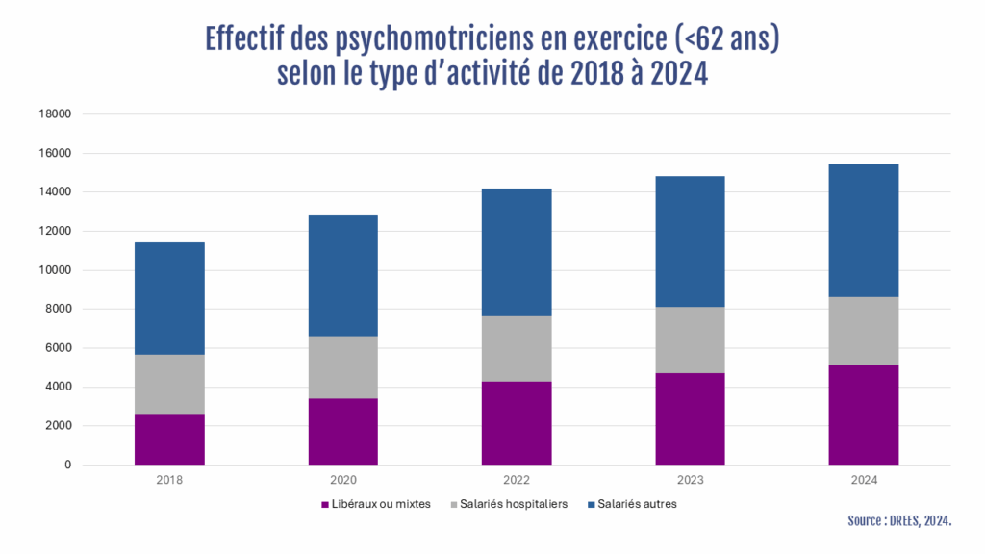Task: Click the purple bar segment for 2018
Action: click(169, 440)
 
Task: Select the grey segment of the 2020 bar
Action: click(343, 367)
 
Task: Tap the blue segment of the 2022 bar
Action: click(517, 252)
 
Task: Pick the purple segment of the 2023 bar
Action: click(690, 419)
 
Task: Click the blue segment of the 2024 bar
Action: click(863, 231)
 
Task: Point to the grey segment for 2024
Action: click(863, 331)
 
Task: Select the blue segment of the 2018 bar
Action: click(169, 298)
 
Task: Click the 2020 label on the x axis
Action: click(343, 479)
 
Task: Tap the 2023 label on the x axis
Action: click(690, 479)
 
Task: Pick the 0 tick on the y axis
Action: click(68, 466)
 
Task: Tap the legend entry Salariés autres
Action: click(636, 504)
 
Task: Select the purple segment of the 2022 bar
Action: click(517, 423)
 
